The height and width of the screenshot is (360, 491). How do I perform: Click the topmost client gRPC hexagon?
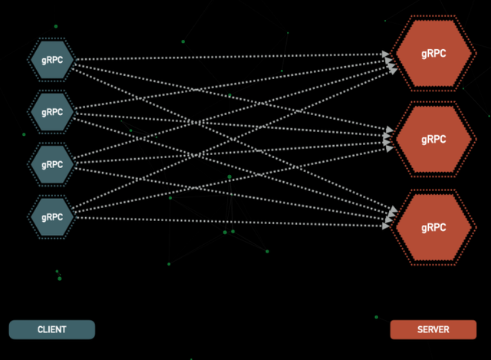pos(52,59)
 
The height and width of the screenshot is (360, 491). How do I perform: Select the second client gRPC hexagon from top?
pos(52,112)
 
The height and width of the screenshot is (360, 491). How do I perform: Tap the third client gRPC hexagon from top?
pos(52,164)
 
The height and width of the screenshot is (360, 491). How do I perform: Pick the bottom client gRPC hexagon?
pos(52,217)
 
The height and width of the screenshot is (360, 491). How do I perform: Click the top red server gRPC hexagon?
pos(433,54)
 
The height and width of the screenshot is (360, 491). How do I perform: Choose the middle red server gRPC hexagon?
pos(433,140)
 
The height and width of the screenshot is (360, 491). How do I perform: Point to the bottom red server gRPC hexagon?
pos(433,227)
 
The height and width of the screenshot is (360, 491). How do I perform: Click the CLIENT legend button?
pos(52,329)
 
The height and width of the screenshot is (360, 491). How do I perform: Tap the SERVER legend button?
pos(433,329)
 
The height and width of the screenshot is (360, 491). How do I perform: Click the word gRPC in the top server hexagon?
pos(433,54)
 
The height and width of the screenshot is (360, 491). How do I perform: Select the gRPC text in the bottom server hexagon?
pos(433,227)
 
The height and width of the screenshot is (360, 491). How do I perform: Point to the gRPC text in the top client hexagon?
pos(52,59)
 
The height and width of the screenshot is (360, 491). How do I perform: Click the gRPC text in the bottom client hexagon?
pos(52,217)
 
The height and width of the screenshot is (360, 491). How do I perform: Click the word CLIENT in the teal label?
pos(52,329)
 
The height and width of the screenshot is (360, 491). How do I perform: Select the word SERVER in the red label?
pos(433,329)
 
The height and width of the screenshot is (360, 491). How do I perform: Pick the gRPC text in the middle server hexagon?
pos(433,140)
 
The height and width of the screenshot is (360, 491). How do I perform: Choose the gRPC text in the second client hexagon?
pos(52,112)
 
